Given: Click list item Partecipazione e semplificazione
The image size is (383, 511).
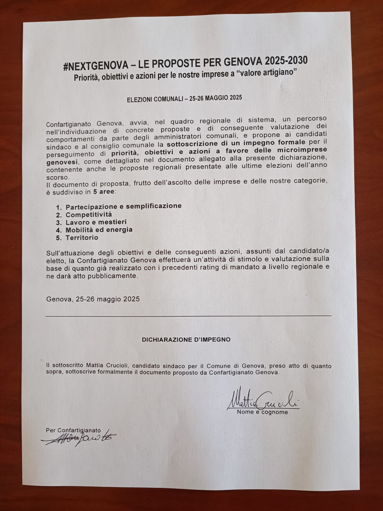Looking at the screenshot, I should pos(124,206).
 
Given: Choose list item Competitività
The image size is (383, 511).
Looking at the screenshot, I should pos(89,215).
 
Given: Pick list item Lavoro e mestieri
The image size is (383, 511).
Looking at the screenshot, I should pos(96,222).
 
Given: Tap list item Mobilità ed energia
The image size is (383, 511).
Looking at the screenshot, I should pos(99,230).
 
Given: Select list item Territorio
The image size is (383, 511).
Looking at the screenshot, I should pos(82,238).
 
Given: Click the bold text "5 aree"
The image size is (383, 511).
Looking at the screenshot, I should pos(103,192).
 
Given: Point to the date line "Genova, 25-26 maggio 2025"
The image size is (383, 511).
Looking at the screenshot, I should pos(93,299).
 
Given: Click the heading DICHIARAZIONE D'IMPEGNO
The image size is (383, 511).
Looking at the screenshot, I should pos(186,340).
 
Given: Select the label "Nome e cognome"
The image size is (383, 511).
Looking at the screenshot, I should pos(262,412).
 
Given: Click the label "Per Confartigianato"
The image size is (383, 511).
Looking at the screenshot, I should pos(73,430).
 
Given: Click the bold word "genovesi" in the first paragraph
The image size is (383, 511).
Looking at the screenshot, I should pos(62,162).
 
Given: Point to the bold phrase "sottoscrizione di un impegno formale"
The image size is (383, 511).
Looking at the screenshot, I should pos(236,143).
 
